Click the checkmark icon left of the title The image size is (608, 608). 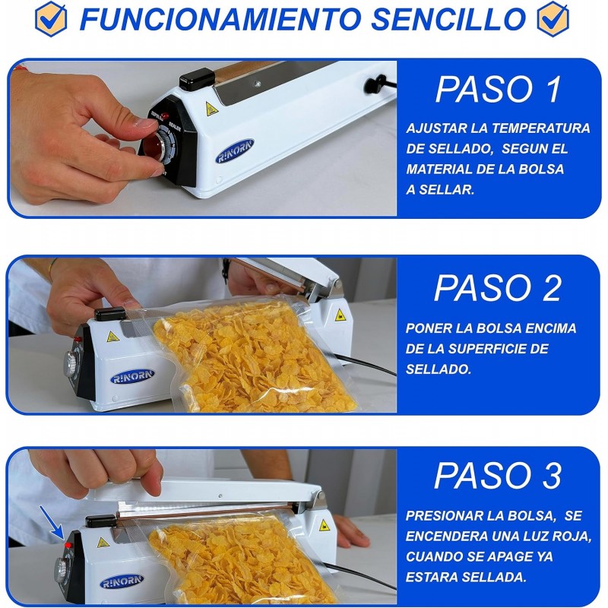click(51, 19)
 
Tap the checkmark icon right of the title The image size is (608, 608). click(553, 19)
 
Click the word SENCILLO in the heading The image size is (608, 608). click(448, 19)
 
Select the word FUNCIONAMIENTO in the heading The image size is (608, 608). click(220, 19)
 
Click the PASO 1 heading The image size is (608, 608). click(499, 90)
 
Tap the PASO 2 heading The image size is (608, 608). click(499, 288)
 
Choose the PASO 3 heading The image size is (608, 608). click(499, 476)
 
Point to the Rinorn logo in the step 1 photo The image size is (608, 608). click(235, 151)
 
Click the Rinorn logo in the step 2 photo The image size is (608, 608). click(132, 376)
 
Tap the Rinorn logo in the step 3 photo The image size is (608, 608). click(122, 581)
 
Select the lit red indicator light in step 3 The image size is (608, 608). click(68, 546)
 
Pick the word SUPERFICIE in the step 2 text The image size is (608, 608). click(491, 349)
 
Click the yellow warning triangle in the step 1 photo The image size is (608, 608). click(212, 109)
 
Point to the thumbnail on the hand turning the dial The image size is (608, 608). click(144, 123)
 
